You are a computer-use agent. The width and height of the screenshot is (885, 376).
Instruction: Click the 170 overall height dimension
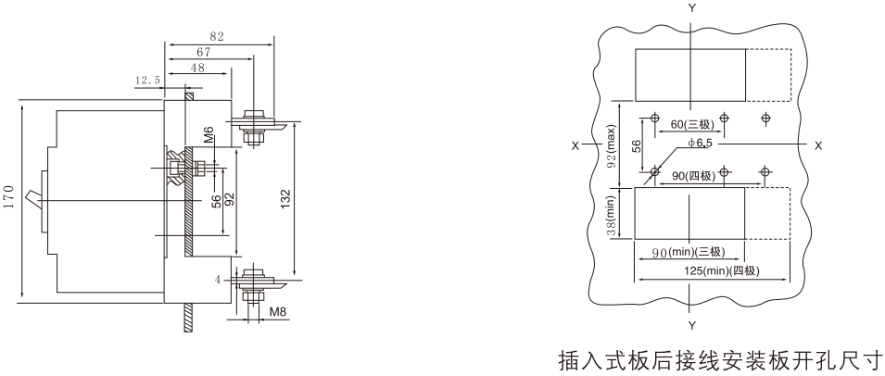point(8,196)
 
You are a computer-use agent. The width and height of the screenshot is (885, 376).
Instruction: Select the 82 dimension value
point(217,37)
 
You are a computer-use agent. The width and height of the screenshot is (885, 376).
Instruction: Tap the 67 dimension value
point(204,52)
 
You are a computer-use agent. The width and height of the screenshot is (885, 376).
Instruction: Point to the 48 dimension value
point(197,68)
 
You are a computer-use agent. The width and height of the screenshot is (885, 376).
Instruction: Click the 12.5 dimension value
point(146,81)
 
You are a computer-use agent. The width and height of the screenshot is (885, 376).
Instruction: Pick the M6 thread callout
point(209,135)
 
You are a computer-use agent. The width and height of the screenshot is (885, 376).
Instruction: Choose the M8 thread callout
point(277,311)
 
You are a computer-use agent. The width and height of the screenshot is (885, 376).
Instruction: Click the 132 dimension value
point(286,198)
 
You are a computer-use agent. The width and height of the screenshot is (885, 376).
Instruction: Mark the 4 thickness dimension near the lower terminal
point(217,279)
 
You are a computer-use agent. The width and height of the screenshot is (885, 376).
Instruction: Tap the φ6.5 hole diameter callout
point(701,144)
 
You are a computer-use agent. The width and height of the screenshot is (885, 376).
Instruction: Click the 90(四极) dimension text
point(694,177)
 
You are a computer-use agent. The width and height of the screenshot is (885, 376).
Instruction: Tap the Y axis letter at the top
point(691,7)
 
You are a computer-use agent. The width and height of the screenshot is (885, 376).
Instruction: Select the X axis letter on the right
point(818,145)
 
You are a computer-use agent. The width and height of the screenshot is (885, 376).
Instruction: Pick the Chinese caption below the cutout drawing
point(721,359)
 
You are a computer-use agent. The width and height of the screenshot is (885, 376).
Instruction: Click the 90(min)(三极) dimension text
point(689,252)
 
